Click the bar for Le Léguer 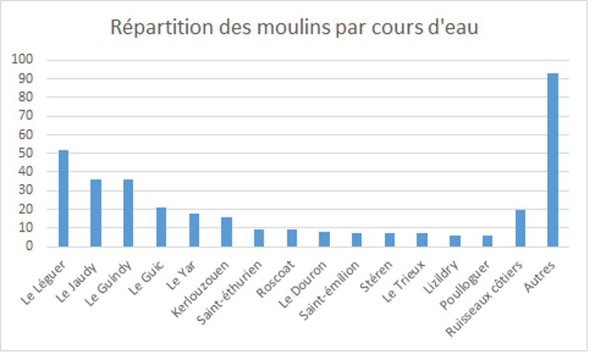(x=64, y=198)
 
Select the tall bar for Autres (x=552, y=159)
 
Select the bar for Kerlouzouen (x=226, y=231)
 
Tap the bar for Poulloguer (x=487, y=241)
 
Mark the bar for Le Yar (x=194, y=230)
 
